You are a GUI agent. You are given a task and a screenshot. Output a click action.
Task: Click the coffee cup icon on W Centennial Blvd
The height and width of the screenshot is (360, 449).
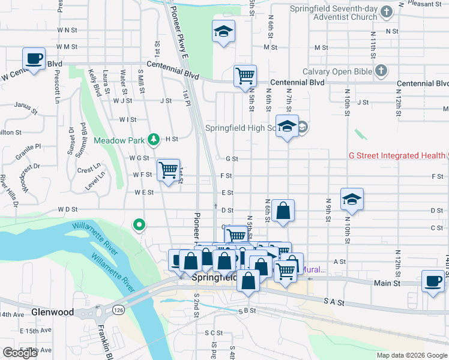coord(34,59)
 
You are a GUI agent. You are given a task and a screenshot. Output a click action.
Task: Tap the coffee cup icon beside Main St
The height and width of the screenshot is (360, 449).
coord(433,281)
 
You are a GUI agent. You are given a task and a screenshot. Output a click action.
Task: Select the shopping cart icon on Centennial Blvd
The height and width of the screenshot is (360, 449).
coord(245,76)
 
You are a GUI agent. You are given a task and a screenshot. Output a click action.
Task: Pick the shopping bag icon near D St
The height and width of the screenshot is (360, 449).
coord(283,211)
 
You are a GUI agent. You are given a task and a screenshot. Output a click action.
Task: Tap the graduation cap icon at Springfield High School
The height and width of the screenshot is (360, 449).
coord(287,126)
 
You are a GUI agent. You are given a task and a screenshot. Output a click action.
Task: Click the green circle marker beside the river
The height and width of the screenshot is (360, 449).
coord(139,225)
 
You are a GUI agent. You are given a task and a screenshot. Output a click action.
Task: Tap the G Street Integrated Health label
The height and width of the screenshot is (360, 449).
coord(397,155)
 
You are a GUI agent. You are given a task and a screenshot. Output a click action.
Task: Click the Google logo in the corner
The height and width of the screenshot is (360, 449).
coord(20,353)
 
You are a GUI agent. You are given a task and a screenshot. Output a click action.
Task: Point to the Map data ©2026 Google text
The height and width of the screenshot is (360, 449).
coord(411,355)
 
